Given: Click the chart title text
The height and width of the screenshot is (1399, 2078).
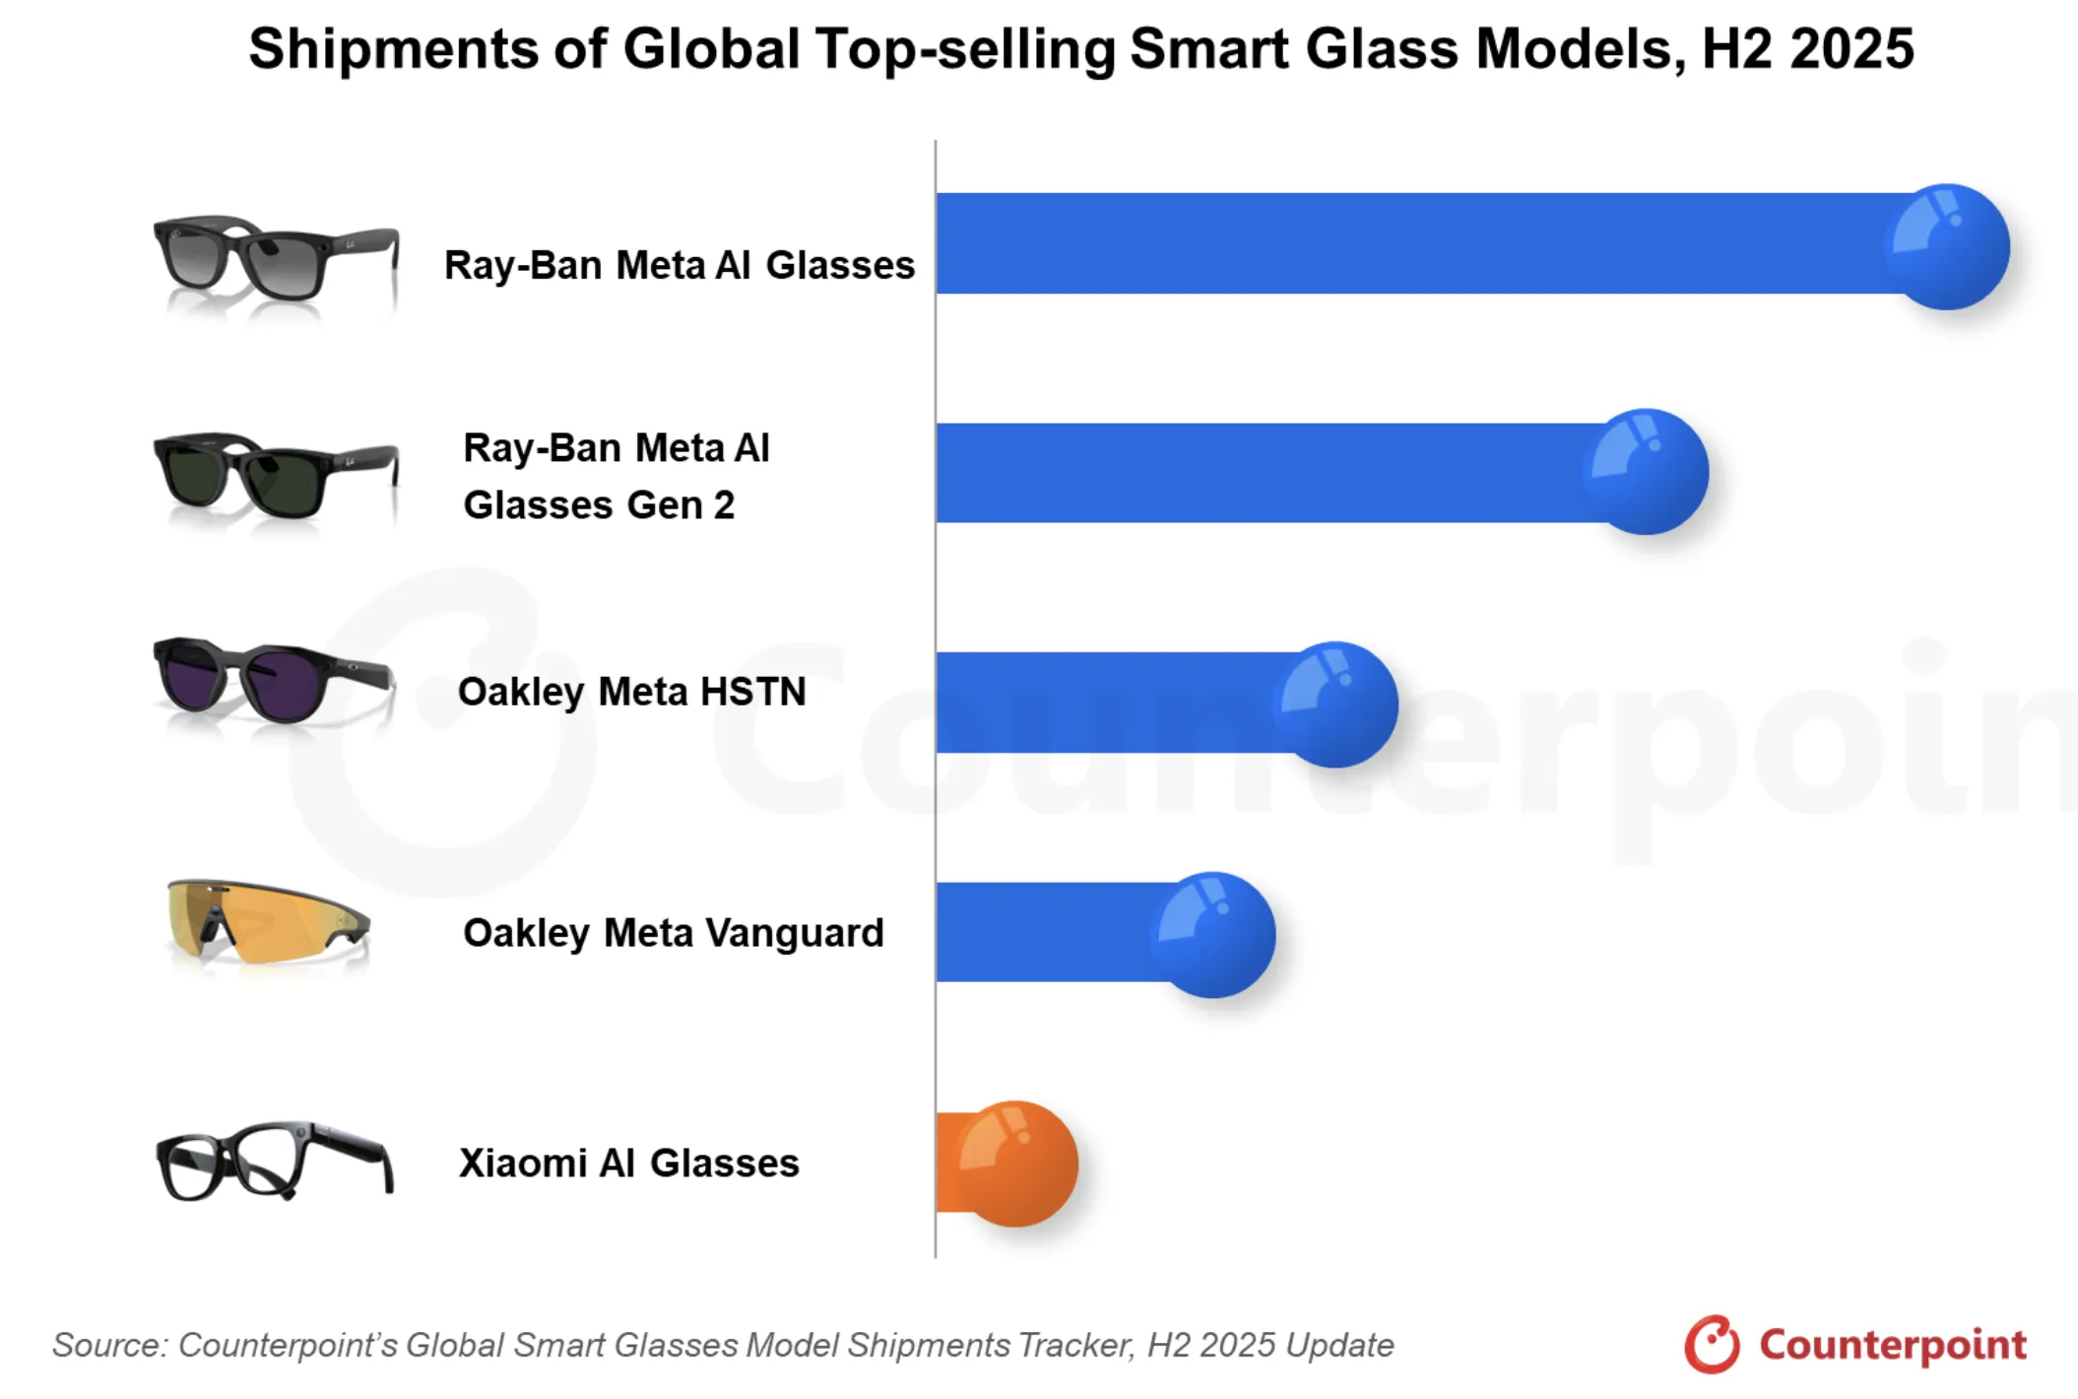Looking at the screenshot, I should [x=1080, y=49].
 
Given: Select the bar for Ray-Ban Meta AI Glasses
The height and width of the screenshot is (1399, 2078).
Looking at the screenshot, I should [x=1408, y=243].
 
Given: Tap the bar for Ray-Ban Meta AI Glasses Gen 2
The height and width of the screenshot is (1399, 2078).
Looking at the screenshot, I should [x=1261, y=473].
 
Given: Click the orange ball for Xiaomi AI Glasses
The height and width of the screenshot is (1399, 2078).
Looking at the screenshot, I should [x=1015, y=1164].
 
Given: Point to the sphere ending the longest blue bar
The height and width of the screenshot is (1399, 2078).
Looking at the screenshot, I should [x=1946, y=247].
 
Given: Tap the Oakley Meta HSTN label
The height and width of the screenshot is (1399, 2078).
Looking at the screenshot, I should [x=631, y=692].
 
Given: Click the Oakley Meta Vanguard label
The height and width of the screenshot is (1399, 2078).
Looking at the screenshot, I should [x=674, y=933].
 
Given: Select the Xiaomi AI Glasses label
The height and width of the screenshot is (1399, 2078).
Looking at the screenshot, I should [x=628, y=1164].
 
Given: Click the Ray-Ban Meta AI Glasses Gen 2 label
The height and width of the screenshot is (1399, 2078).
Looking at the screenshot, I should [x=616, y=477].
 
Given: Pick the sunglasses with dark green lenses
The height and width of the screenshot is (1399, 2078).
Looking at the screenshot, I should [x=275, y=477].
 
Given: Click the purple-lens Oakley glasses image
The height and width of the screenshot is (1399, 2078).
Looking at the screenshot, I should [x=273, y=680].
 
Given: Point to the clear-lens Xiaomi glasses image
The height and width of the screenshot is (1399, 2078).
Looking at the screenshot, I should [x=275, y=1161].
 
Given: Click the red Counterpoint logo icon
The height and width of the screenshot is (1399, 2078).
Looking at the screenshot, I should [x=1712, y=1344].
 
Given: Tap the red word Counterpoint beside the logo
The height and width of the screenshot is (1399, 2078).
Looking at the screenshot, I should [x=1892, y=1345].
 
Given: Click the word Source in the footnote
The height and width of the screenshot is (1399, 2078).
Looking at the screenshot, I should [x=109, y=1346].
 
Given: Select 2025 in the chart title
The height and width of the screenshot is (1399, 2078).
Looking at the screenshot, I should [x=1851, y=49].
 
